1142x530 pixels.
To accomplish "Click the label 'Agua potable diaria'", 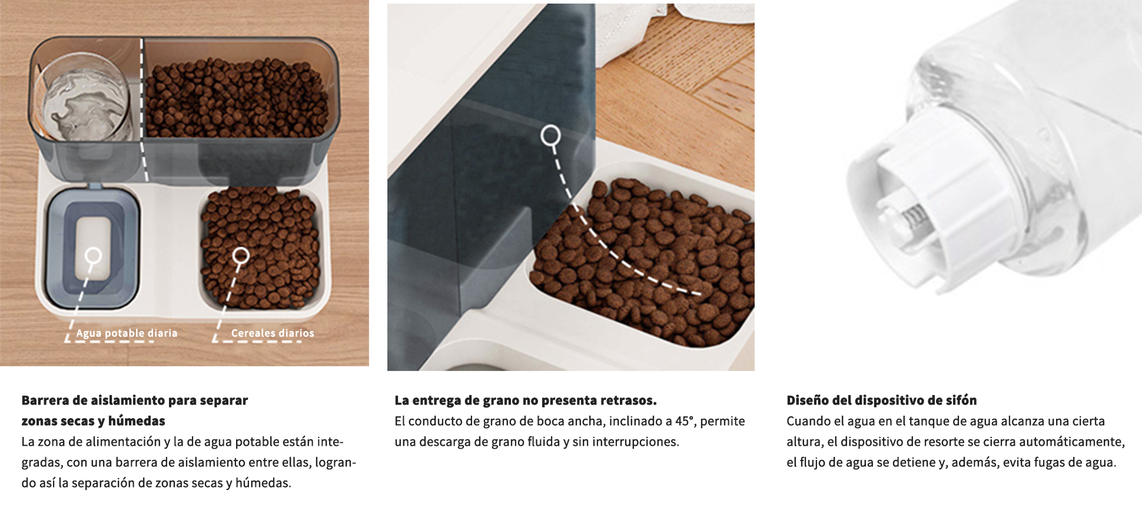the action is click(127, 333).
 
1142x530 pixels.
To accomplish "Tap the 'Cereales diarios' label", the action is click(273, 333).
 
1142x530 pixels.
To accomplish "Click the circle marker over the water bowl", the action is click(93, 256).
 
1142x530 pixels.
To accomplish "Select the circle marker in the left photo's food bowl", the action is click(241, 256).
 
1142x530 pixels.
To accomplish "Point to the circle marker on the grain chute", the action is click(550, 136).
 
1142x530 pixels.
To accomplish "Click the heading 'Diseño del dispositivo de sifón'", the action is click(881, 400).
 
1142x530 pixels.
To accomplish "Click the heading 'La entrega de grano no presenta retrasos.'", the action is click(526, 400).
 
